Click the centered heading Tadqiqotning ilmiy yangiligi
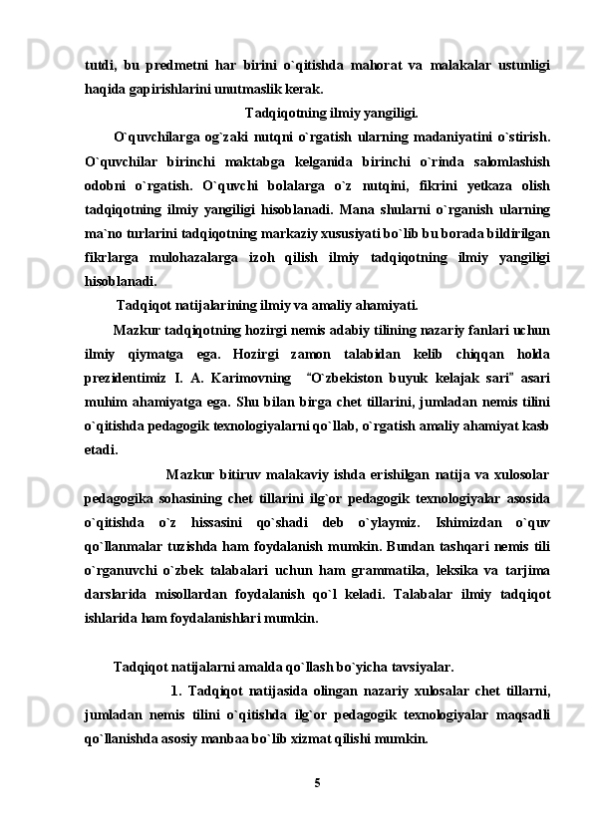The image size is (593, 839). [x=331, y=112]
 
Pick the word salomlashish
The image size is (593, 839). [x=506, y=161]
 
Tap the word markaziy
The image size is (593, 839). [x=371, y=233]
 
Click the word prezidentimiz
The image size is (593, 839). [x=131, y=377]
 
